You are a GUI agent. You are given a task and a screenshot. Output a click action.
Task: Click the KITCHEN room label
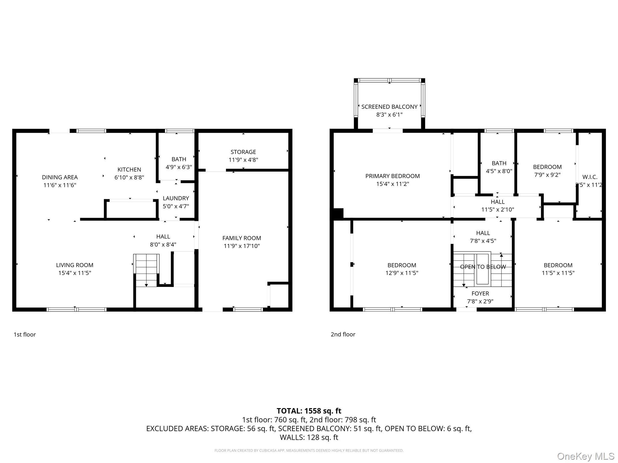click(129, 169)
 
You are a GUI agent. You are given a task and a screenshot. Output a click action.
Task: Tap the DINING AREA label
click(60, 177)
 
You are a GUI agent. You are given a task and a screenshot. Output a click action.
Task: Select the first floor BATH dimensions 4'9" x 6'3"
click(179, 167)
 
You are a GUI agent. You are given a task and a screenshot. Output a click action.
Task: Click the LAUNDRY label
click(176, 198)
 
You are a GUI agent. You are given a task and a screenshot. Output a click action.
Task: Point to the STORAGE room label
click(243, 152)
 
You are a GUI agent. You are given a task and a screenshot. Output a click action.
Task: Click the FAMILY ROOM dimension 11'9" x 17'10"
click(241, 246)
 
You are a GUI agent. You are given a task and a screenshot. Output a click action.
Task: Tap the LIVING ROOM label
click(75, 265)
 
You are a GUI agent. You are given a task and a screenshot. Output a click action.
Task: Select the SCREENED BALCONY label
click(389, 107)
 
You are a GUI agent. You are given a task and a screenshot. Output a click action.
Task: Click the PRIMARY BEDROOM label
click(392, 176)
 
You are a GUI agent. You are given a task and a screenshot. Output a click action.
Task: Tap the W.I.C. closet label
click(590, 177)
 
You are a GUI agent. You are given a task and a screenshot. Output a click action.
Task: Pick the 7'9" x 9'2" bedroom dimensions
click(547, 175)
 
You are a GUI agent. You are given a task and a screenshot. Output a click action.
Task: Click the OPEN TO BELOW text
click(483, 267)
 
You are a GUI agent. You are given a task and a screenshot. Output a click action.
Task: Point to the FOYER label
click(480, 293)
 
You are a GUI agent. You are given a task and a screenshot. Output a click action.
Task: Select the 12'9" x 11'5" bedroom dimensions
click(402, 273)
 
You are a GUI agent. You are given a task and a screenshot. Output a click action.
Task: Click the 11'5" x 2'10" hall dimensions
click(497, 209)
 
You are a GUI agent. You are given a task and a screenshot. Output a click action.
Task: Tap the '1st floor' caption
click(25, 335)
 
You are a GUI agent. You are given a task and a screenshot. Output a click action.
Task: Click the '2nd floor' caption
click(343, 334)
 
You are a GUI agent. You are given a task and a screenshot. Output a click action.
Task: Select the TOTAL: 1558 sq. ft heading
click(309, 411)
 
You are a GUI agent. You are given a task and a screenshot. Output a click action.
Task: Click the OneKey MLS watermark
click(585, 456)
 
